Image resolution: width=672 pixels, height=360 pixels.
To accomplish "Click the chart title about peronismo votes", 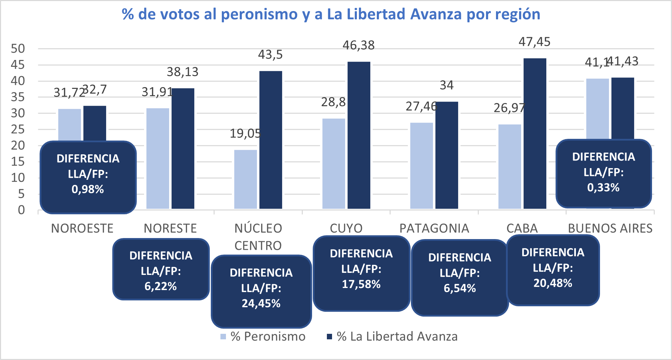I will click(x=331, y=14).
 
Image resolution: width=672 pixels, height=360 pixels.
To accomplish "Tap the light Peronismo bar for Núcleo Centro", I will click(x=245, y=179).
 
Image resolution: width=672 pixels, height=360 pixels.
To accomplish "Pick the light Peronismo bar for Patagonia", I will click(x=421, y=165).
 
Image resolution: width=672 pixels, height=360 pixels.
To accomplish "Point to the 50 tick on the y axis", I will click(x=18, y=49).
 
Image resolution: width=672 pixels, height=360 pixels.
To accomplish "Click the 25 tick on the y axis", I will click(x=18, y=130).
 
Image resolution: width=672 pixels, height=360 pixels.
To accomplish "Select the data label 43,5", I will click(x=270, y=54).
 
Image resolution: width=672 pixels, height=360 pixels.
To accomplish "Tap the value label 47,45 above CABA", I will click(x=534, y=42).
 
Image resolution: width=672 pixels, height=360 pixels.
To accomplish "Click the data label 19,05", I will click(x=245, y=133).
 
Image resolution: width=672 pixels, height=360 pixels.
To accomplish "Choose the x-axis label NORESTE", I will click(x=170, y=228).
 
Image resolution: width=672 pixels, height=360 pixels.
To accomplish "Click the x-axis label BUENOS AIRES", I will click(x=610, y=228).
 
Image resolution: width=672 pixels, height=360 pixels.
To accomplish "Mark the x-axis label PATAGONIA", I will click(x=434, y=228).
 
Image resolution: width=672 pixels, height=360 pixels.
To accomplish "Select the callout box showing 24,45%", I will click(x=261, y=291).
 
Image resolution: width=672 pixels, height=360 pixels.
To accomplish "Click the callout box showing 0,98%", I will click(x=88, y=177).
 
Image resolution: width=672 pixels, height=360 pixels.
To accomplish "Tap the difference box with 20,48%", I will click(x=553, y=270).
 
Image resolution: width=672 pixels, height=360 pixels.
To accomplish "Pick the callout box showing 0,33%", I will click(x=603, y=173).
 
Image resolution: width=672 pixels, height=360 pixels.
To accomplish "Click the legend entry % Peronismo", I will click(x=263, y=337).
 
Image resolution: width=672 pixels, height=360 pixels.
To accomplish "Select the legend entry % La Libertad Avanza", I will click(x=392, y=337).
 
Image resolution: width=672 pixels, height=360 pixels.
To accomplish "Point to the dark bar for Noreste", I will click(x=183, y=148).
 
